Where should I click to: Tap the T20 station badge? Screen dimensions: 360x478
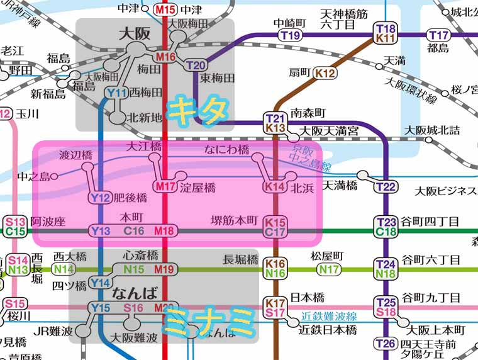click(196, 65)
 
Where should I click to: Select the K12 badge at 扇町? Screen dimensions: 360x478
click(325, 72)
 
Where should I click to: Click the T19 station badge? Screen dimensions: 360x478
click(290, 35)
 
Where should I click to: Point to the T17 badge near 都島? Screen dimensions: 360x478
click(439, 35)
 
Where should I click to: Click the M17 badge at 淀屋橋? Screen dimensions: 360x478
click(165, 186)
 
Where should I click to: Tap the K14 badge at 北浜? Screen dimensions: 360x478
click(275, 187)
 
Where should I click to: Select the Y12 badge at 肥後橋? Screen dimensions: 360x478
click(100, 198)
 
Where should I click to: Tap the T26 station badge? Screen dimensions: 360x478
click(386, 344)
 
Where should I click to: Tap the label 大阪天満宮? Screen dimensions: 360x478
click(328, 131)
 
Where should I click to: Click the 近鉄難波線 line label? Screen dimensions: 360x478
click(328, 316)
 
